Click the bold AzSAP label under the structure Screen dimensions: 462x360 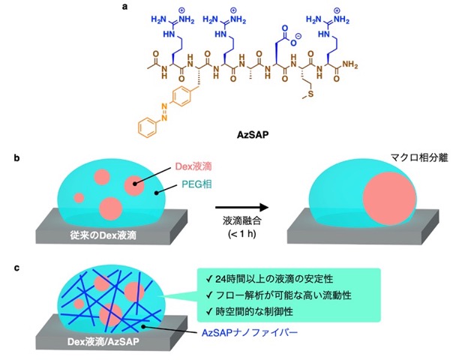(253, 135)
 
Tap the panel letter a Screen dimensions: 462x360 (125, 7)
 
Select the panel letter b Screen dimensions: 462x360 (16, 158)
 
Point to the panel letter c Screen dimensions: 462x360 (16, 268)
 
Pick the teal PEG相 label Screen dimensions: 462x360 (196, 184)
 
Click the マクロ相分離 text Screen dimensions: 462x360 (419, 158)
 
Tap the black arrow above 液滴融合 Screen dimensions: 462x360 (242, 208)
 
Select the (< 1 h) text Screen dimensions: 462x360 (242, 234)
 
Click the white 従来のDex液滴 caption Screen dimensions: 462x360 (103, 235)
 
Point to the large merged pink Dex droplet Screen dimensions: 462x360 (389, 199)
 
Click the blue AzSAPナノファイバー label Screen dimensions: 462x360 (250, 333)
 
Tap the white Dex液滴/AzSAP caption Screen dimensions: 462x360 (103, 341)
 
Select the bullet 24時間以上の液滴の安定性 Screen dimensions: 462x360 (269, 279)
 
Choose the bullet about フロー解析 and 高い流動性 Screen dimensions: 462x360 (279, 295)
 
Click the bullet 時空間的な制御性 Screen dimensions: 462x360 (250, 312)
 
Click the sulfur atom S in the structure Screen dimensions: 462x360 (310, 94)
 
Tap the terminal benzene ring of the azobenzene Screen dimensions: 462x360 (147, 128)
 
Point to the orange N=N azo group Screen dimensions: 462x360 (164, 112)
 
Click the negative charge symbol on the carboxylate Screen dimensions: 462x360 (298, 37)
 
